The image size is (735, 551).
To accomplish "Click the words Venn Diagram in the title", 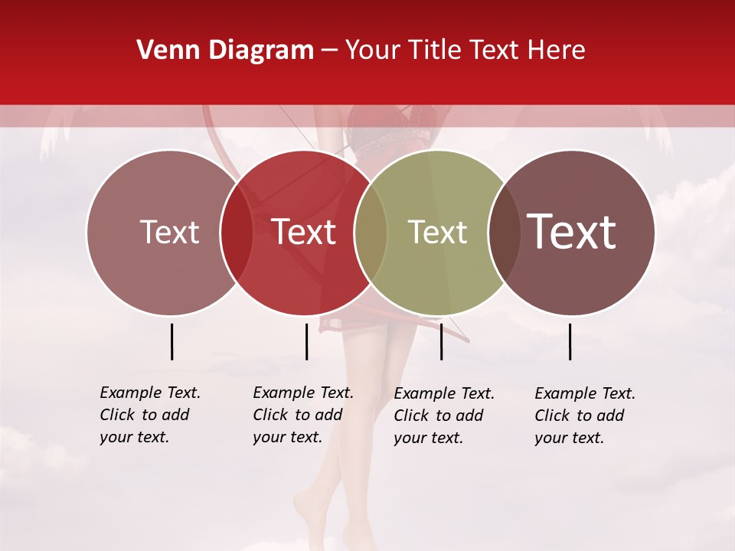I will (x=225, y=51).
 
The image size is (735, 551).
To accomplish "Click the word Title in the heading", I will (x=436, y=51).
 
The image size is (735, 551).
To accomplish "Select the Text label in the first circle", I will (x=169, y=233).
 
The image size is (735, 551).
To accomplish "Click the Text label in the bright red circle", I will (x=304, y=233).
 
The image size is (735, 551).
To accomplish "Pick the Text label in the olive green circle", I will (x=437, y=233).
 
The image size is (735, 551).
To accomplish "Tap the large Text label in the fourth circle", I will (x=572, y=233).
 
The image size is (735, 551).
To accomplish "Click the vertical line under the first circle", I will (x=171, y=341).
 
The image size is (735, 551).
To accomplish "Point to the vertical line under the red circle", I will (x=306, y=341).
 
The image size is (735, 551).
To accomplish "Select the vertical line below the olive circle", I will (x=441, y=341).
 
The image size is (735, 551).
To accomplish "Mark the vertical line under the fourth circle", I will (x=570, y=341).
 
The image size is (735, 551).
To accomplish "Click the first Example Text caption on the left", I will (x=150, y=415).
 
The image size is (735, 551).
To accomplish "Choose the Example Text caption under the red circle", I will (x=303, y=415).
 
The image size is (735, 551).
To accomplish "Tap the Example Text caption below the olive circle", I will (x=444, y=416).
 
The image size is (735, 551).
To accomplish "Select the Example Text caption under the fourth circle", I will (x=585, y=416).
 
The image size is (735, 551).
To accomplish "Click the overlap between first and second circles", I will (x=237, y=233).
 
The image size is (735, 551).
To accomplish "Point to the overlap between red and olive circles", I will (x=371, y=233).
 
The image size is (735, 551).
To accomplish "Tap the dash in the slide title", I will (x=329, y=51).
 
